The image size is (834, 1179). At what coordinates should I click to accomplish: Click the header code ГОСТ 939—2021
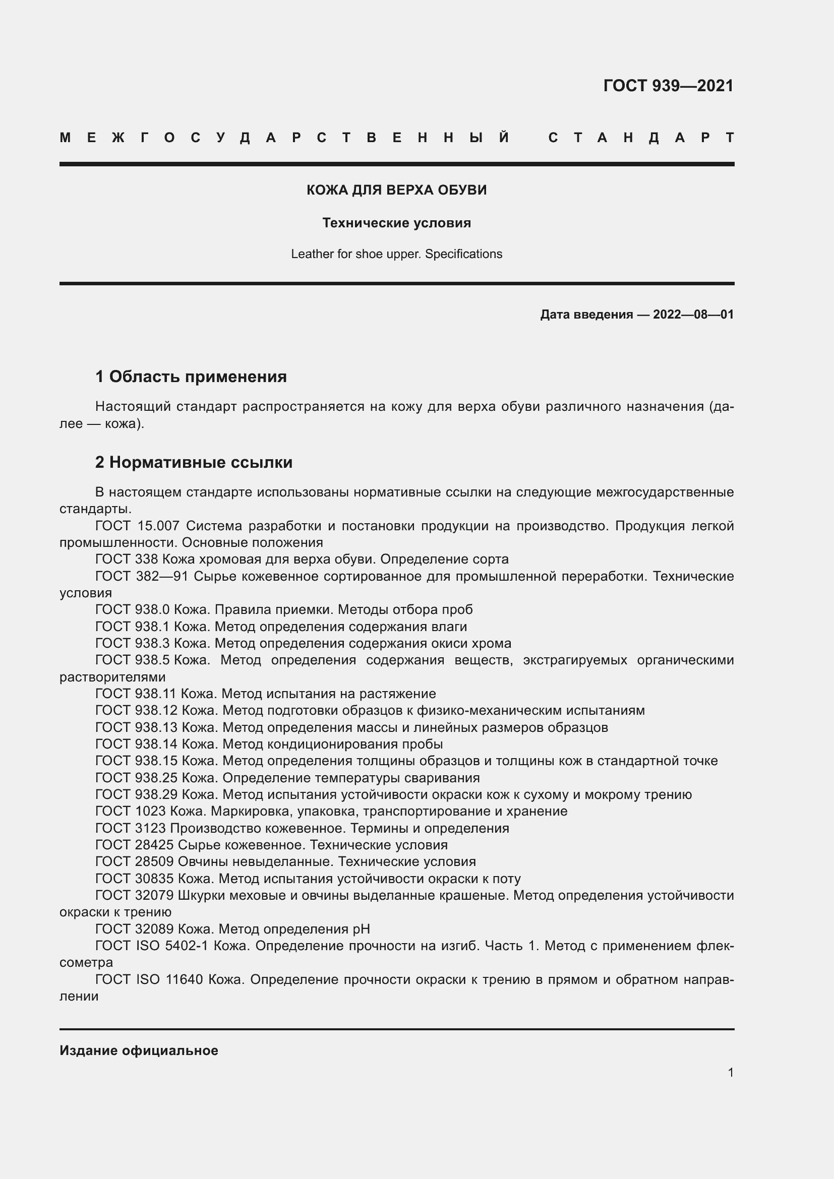pos(668,85)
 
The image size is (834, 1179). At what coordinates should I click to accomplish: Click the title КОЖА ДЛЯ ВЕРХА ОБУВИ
pos(396,190)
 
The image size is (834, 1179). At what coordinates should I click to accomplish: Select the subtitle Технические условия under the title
pos(396,223)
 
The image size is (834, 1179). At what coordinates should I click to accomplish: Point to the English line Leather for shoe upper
pos(396,254)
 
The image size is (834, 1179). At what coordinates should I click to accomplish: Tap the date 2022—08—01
pos(693,314)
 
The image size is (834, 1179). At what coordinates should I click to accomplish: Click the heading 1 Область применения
pos(191,377)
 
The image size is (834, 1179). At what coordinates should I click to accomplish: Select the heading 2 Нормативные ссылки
pos(194,462)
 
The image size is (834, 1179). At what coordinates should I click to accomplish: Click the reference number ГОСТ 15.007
pos(137,526)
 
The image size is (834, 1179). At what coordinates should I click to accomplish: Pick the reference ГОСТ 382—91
pos(141,576)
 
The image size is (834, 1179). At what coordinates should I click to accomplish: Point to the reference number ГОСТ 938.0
pos(133,609)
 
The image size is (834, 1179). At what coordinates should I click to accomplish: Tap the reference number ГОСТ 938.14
pos(136,744)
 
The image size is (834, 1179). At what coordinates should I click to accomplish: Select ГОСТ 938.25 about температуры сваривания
pos(136,778)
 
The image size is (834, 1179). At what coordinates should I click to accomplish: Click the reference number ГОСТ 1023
pos(131,812)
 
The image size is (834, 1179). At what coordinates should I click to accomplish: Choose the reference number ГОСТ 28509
pos(134,861)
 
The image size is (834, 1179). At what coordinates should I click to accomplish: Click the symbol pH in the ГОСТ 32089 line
pos(361,929)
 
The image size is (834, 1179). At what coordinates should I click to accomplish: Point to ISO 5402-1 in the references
pos(171,946)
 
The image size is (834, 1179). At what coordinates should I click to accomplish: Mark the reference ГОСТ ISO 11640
pos(149,979)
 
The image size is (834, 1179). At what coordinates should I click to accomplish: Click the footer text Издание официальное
pos(139,1050)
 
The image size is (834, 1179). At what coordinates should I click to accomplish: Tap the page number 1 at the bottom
pos(730,1072)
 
